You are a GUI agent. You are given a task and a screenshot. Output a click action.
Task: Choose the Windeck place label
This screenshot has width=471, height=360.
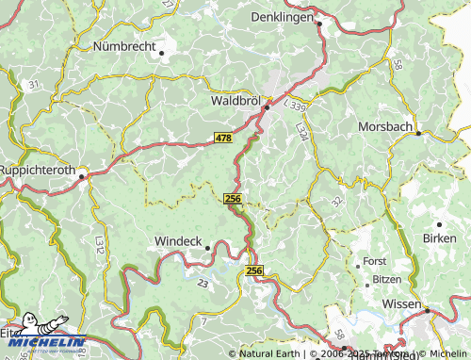pyautogui.click(x=177, y=240)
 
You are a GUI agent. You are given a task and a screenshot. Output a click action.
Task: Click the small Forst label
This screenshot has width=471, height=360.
pyautogui.click(x=375, y=261)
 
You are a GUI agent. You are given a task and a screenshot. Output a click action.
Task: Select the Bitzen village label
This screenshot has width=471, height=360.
pyautogui.click(x=386, y=280)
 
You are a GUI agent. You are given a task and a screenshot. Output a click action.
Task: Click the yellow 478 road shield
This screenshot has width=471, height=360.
pyautogui.click(x=223, y=139)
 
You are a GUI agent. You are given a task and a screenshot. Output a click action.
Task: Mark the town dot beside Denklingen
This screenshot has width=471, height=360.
pyautogui.click(x=320, y=25)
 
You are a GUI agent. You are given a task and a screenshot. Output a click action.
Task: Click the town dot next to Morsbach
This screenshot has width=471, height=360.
pyautogui.click(x=418, y=134)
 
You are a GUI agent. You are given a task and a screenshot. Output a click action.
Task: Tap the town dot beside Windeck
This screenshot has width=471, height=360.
pyautogui.click(x=208, y=248)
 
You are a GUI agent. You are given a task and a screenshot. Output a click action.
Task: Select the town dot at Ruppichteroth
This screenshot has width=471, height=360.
pyautogui.click(x=82, y=174)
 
